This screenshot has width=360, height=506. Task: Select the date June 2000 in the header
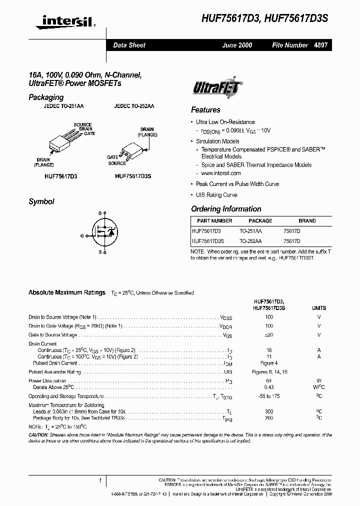(x=237, y=45)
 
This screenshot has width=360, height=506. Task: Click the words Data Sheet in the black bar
(x=129, y=45)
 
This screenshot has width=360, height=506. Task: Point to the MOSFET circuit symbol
(x=105, y=233)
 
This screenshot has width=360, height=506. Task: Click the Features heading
(x=205, y=110)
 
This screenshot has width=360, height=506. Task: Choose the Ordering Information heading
(x=226, y=209)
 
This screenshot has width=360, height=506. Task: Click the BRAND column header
(x=307, y=220)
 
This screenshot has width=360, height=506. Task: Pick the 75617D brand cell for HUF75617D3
(x=291, y=231)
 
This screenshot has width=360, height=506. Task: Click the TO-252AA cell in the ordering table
(x=250, y=241)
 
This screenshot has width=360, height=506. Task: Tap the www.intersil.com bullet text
(x=221, y=173)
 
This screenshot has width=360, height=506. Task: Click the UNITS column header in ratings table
(x=319, y=308)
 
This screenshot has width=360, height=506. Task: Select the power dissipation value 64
(x=269, y=381)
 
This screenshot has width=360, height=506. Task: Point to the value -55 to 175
(x=269, y=396)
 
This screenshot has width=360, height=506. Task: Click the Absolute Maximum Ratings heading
(x=67, y=292)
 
